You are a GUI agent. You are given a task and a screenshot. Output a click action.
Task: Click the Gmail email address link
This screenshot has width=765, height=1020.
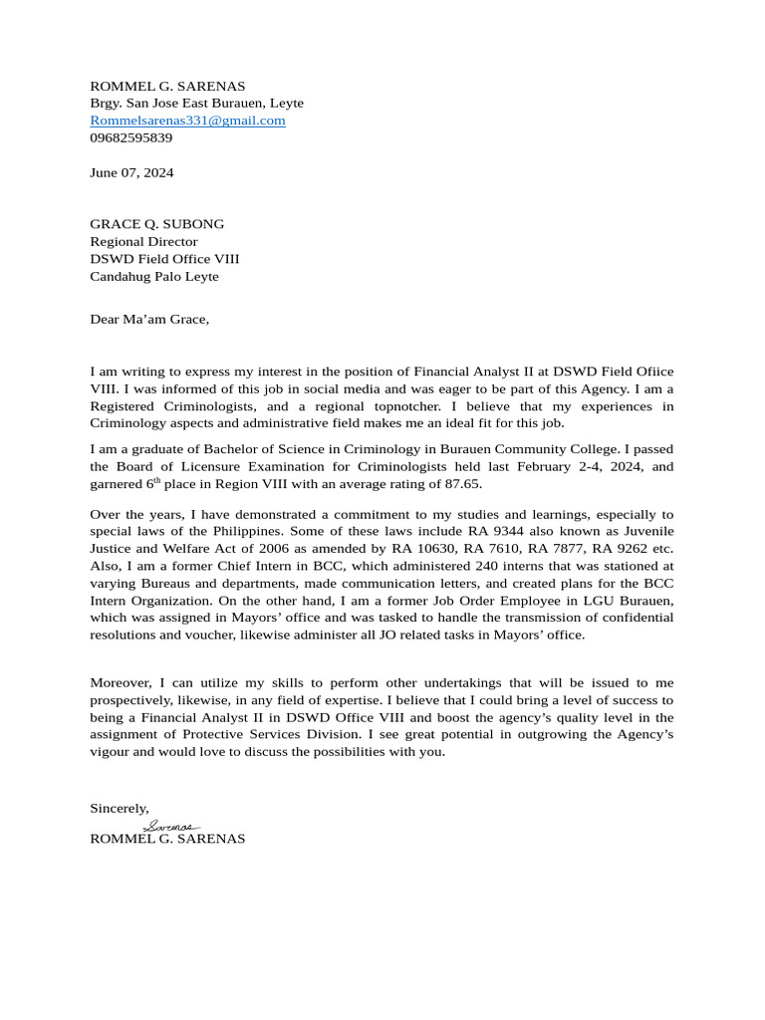(x=187, y=121)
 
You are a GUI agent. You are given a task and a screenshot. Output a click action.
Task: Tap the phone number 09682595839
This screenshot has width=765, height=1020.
(x=130, y=137)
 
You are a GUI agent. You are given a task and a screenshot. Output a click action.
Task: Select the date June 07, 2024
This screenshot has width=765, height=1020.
(x=131, y=172)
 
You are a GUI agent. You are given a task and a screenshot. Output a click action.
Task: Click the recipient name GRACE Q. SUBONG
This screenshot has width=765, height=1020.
(x=156, y=224)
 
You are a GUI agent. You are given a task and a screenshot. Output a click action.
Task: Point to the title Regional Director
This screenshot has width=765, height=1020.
(x=143, y=241)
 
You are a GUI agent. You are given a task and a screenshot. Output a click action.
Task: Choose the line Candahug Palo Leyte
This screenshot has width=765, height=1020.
(x=153, y=276)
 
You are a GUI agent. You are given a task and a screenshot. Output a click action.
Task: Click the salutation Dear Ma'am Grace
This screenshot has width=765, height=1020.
(x=149, y=319)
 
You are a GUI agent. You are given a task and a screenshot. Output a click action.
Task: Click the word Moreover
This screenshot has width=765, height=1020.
(x=123, y=682)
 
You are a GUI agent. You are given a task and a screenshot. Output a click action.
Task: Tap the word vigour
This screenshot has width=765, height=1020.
(x=110, y=751)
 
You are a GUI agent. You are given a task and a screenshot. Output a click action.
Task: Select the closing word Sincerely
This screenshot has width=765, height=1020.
(x=119, y=808)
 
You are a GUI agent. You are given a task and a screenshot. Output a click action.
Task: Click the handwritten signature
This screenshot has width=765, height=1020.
(x=171, y=826)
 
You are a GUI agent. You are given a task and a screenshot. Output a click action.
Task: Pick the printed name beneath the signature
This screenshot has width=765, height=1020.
(x=167, y=839)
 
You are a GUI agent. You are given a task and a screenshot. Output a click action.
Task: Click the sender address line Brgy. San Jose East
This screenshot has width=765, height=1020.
(x=196, y=103)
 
